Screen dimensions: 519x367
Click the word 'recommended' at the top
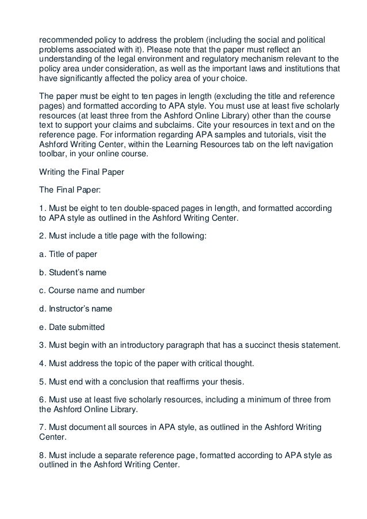[59, 39]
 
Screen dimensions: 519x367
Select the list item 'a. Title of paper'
[68, 253]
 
